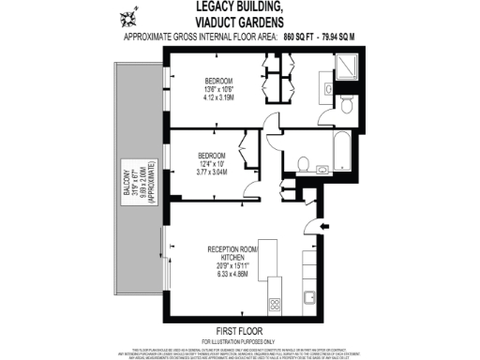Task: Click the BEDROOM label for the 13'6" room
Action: (x=221, y=80)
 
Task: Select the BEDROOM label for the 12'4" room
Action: (x=211, y=155)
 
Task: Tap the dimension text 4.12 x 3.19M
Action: (x=221, y=97)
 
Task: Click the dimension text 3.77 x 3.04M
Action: (x=211, y=172)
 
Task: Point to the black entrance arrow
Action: (x=324, y=227)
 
